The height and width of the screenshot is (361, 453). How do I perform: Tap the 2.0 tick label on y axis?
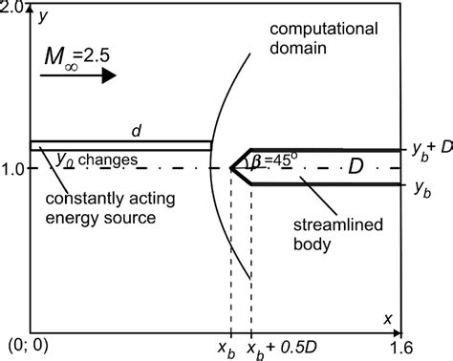pos(14,8)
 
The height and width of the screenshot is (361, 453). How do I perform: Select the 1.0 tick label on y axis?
pos(14,168)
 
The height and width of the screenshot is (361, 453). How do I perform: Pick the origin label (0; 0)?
pos(22,347)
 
